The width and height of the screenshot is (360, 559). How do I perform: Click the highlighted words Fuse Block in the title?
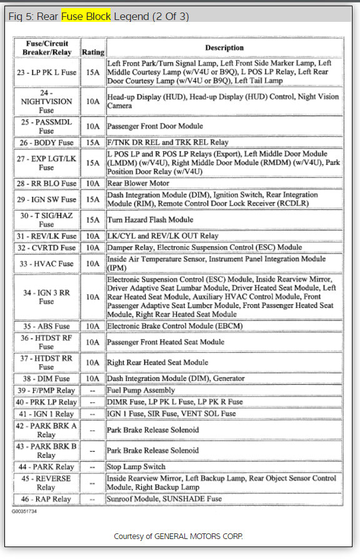[x=86, y=16]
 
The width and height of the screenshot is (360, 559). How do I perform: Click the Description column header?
[x=224, y=47]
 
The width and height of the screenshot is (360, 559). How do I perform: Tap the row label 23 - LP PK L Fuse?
[x=46, y=72]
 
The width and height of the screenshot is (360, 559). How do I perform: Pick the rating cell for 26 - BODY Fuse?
[x=93, y=142]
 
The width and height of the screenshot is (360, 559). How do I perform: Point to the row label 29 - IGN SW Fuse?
[x=46, y=199]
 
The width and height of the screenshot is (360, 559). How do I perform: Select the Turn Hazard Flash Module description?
[x=150, y=220]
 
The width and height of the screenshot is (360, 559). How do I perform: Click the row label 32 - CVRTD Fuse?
[x=46, y=248]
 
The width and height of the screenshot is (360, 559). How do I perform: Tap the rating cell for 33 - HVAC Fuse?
[x=93, y=264]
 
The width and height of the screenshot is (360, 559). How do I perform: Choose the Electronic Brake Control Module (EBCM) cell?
[x=174, y=325]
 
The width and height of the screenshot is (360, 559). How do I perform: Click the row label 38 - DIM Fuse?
[x=46, y=378]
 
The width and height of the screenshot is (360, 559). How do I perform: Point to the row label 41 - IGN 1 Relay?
[x=46, y=413]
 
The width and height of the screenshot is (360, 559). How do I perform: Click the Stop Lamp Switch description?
[x=136, y=467]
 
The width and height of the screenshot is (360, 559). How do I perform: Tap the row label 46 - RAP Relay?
[x=46, y=499]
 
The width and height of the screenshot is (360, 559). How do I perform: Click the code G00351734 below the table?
[x=24, y=511]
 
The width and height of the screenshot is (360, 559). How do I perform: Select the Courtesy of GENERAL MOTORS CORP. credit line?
[x=178, y=536]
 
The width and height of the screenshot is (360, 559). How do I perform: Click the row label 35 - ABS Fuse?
[x=46, y=326]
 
